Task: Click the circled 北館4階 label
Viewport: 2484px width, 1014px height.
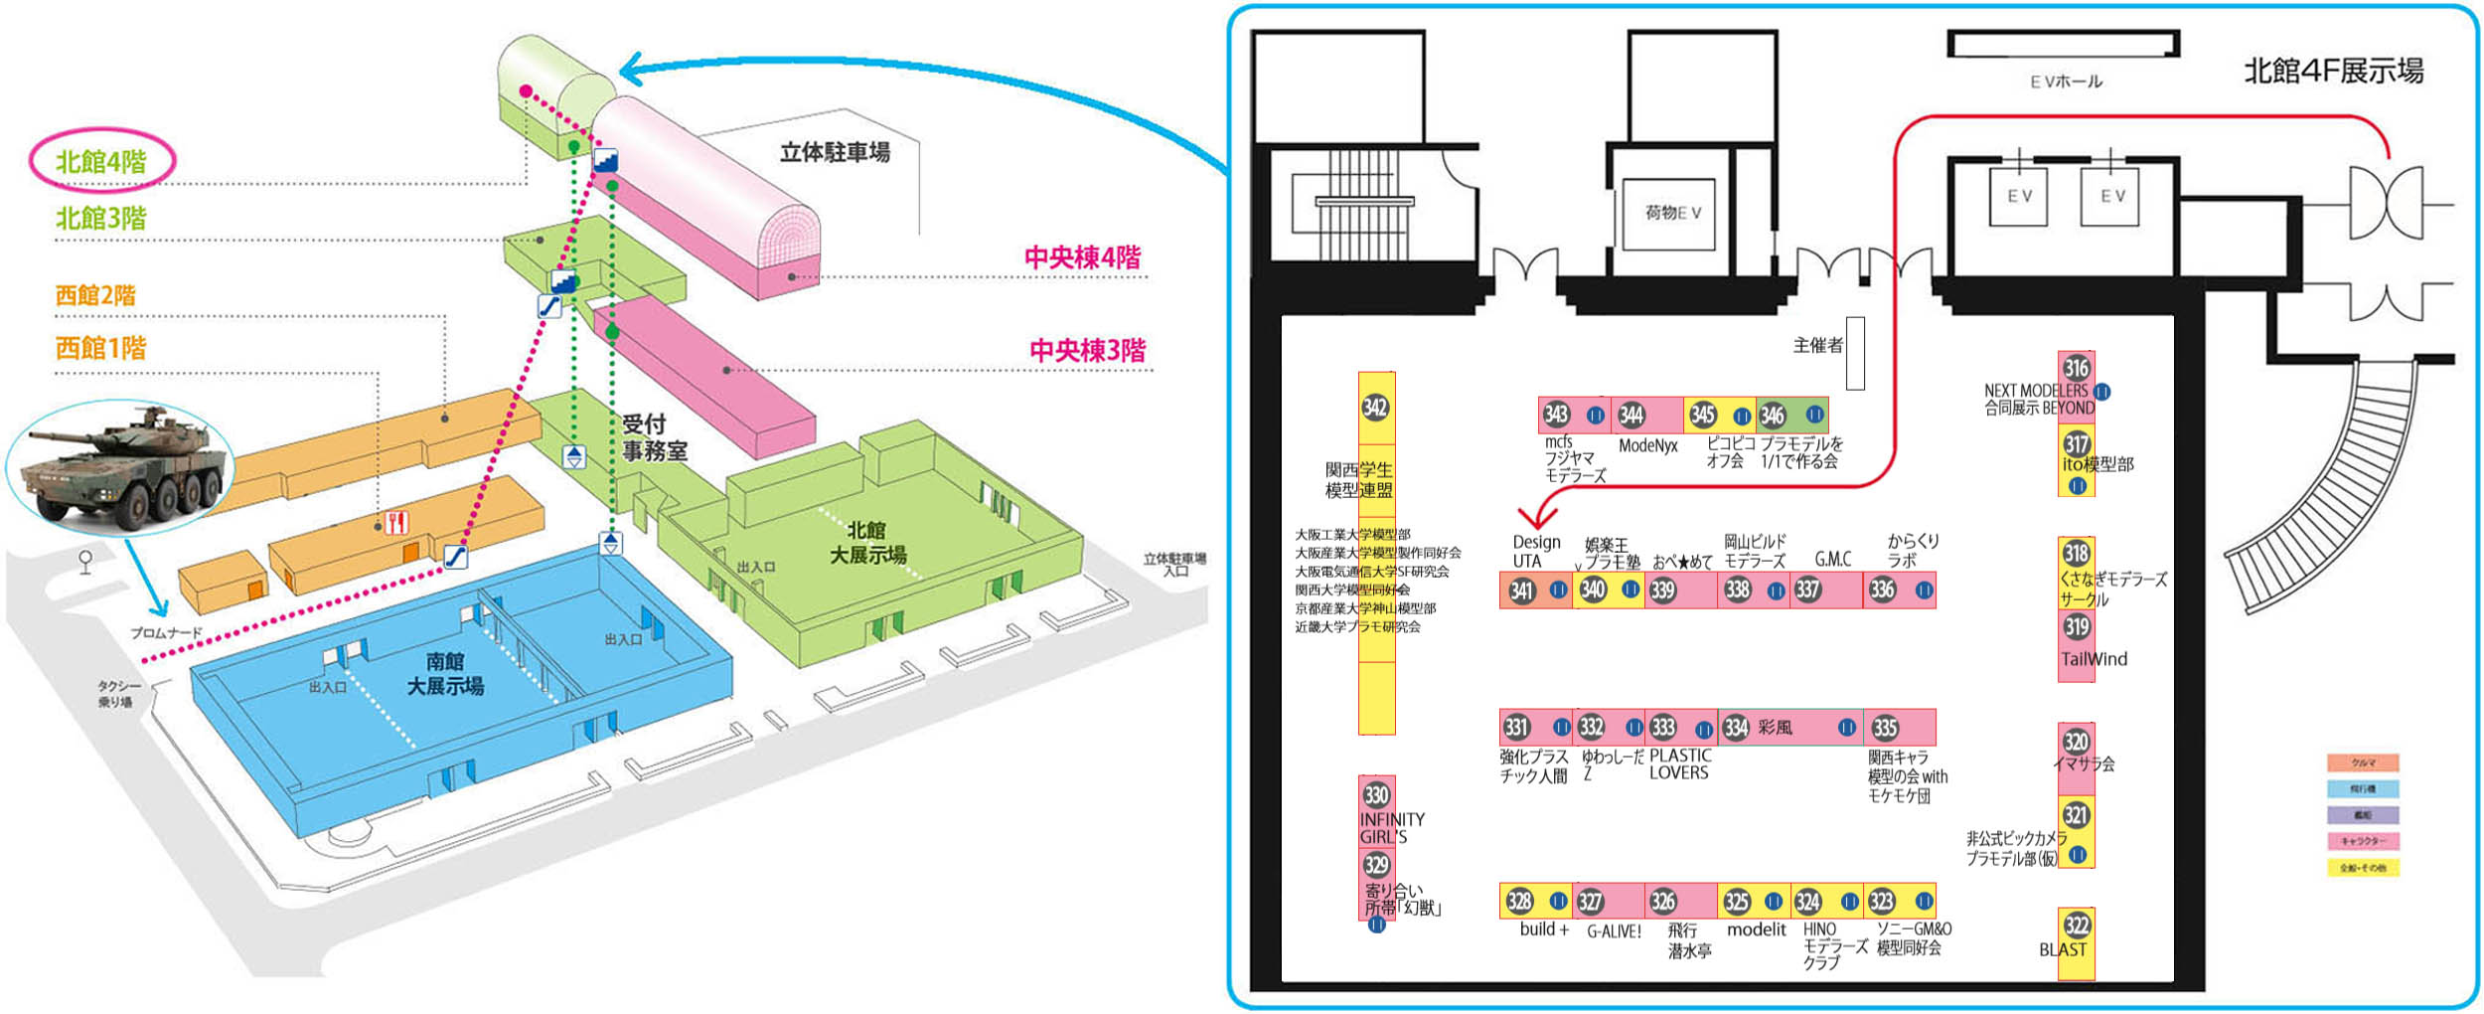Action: point(101,161)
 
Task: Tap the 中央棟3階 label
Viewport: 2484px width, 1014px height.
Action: point(1087,350)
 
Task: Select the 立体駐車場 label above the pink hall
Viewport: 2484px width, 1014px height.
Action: point(835,152)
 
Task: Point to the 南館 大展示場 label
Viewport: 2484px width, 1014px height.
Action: point(445,674)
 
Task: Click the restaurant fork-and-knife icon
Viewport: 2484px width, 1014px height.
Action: point(396,522)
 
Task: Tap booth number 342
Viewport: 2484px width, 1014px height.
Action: point(1375,407)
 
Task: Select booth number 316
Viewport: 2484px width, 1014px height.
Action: point(2077,368)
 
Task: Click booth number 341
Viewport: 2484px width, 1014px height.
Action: point(1521,591)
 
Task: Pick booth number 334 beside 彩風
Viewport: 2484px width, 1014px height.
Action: point(1736,728)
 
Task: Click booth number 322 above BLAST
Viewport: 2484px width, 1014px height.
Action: point(2077,926)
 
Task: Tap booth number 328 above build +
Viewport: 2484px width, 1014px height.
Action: point(1519,902)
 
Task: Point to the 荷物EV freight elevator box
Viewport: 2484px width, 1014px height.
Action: point(1673,213)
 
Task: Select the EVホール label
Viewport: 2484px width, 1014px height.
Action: point(2066,82)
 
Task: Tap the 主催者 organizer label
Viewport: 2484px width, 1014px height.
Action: point(1817,345)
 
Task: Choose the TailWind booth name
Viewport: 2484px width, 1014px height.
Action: point(2094,659)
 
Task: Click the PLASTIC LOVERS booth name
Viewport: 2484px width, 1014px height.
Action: point(1679,764)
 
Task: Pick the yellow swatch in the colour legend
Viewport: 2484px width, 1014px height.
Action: point(2363,868)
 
